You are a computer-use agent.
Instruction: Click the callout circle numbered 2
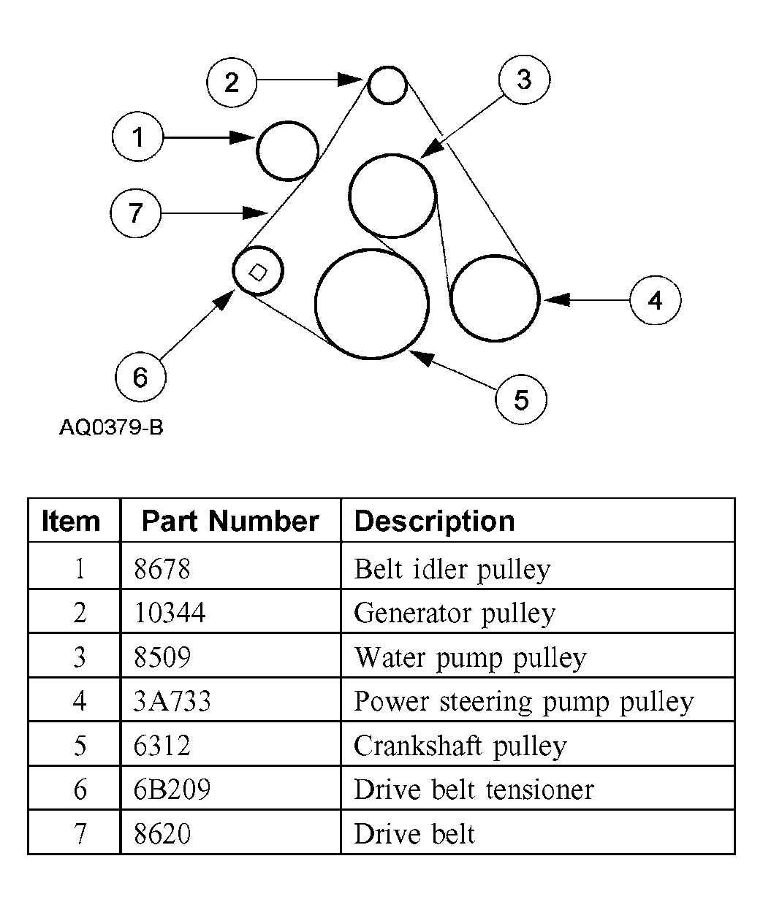[x=232, y=82]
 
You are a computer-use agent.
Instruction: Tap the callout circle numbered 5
[x=520, y=399]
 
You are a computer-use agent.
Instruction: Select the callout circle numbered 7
[x=136, y=213]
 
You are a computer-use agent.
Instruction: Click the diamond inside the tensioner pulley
[x=257, y=272]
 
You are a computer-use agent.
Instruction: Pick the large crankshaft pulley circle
[x=371, y=304]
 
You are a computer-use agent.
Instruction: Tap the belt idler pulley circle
[x=288, y=150]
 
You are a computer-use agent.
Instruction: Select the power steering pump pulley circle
[x=495, y=298]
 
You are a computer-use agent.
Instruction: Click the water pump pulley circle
[x=393, y=196]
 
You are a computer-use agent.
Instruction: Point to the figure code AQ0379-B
[x=111, y=427]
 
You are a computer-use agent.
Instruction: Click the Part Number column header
[x=230, y=521]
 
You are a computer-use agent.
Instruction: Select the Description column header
[x=434, y=521]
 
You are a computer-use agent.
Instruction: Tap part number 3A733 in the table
[x=172, y=702]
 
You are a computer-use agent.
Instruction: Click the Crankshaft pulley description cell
[x=460, y=746]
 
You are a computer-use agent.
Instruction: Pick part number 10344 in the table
[x=170, y=613]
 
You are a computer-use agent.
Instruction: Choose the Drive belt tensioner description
[x=474, y=790]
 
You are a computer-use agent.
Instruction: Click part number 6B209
[x=172, y=790]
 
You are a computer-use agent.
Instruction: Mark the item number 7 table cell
[x=80, y=834]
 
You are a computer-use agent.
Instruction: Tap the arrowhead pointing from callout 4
[x=555, y=299]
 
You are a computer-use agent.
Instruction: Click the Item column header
[x=71, y=521]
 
